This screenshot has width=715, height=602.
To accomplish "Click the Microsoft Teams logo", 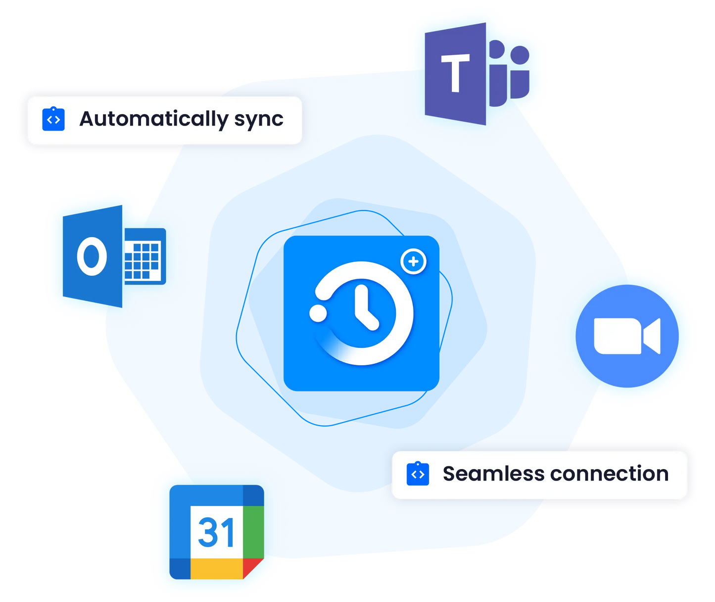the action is coord(477,74).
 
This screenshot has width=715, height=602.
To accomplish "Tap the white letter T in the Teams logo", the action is coord(455,73).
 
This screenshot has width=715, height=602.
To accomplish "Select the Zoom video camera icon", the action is coord(627,336).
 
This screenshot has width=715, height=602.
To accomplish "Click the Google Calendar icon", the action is coord(217,532).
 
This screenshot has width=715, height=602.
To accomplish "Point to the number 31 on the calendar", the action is coord(216,532).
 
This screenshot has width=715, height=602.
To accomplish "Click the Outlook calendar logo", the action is coord(114,256).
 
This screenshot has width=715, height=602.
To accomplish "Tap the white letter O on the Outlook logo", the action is coord(92,256).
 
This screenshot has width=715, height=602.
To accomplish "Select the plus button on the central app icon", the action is coord(413,261).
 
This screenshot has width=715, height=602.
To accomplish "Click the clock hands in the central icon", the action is coord(366,308).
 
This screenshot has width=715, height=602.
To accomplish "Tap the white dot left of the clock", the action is coord(318,313).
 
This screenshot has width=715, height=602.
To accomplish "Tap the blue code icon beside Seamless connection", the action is coord(418,473).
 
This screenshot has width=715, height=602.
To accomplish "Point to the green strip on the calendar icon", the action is coord(254,532).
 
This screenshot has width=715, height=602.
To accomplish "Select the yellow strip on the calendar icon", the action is coord(217,569).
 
